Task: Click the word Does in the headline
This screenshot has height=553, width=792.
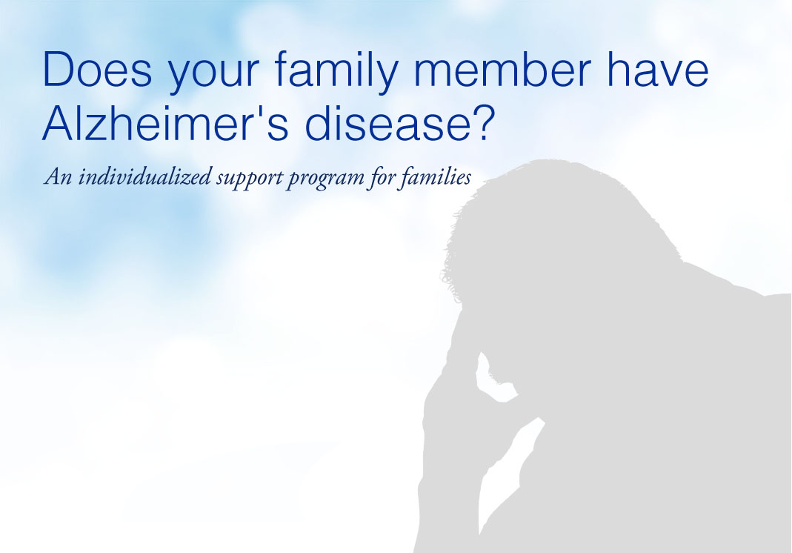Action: point(98,69)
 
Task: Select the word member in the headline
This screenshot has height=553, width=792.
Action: point(502,69)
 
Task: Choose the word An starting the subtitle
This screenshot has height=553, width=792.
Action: point(58,177)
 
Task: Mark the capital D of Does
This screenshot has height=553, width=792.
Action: point(59,70)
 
